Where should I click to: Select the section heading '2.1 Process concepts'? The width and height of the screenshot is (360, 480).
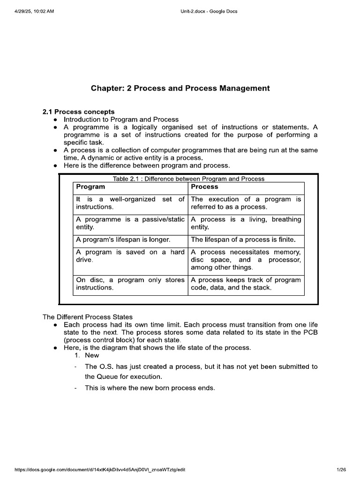tap(78, 112)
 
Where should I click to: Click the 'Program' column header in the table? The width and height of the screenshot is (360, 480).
tap(90, 187)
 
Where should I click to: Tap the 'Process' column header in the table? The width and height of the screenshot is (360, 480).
tap(204, 187)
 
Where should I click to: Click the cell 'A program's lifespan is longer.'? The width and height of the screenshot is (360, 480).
tap(123, 240)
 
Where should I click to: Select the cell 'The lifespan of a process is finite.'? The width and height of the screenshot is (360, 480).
tap(243, 240)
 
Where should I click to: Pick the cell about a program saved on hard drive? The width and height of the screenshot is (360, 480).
tap(130, 255)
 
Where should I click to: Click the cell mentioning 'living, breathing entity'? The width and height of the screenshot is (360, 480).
tap(246, 223)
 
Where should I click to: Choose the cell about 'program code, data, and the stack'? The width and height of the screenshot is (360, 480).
tap(246, 284)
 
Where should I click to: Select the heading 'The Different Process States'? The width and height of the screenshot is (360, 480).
tap(88, 317)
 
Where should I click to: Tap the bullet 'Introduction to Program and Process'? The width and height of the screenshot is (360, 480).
tap(121, 120)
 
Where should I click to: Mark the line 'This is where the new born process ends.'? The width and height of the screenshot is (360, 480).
tap(150, 388)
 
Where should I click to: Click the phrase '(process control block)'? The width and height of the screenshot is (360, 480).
tap(96, 339)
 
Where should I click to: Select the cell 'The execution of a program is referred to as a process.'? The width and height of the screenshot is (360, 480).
tap(246, 203)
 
